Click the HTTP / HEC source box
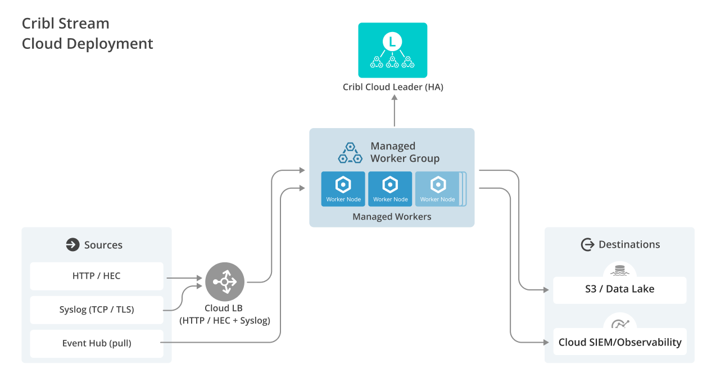tap(96, 276)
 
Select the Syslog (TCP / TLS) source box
tap(96, 310)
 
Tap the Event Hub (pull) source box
tap(96, 343)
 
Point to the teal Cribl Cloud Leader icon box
tap(393, 50)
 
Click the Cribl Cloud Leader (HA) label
tap(393, 87)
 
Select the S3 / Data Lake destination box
tap(619, 290)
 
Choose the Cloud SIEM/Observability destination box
tap(619, 342)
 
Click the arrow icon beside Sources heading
tap(72, 244)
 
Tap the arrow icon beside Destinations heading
tap(587, 244)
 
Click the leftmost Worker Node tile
tap(343, 189)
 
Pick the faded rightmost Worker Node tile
tap(438, 189)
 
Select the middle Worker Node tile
tap(391, 189)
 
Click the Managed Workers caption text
tap(392, 217)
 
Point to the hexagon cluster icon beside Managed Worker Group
tap(350, 152)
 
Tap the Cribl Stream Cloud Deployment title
tap(87, 34)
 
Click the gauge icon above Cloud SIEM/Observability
tap(620, 324)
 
